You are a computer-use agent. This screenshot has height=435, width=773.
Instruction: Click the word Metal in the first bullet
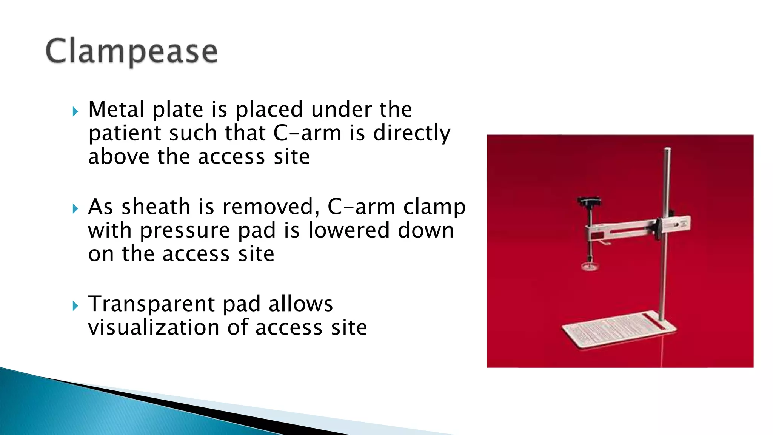pos(116,110)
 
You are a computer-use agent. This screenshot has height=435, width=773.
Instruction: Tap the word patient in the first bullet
pos(124,134)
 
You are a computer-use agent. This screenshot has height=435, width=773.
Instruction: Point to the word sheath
pos(156,207)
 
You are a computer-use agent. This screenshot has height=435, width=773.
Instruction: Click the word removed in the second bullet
pos(268,207)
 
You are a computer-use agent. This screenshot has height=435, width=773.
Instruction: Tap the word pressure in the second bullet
pos(185,231)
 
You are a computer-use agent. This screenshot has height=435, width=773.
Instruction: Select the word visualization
pos(154,327)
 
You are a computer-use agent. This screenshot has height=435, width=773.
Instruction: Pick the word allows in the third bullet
pos(300,304)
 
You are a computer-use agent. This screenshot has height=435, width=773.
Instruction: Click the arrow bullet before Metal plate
pos(75,111)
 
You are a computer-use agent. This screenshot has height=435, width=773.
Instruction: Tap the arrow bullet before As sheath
pos(75,209)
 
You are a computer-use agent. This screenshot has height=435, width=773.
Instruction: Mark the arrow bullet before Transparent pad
pos(75,306)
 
